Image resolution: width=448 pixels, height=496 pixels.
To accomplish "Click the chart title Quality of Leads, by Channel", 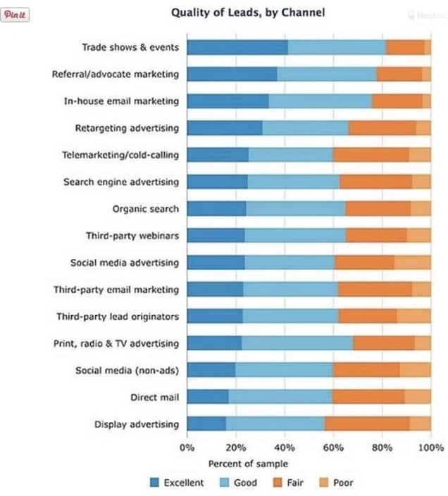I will tap(248, 13).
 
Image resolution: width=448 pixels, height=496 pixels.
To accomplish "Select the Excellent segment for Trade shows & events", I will tap(237, 47).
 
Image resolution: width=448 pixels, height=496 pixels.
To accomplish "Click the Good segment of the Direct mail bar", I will tap(280, 398).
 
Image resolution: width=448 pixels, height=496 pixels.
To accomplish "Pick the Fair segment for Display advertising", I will tap(367, 424).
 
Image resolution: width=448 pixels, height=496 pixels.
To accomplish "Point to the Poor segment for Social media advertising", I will tap(412, 262).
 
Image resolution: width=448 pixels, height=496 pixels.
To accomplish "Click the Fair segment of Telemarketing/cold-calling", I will tap(371, 155).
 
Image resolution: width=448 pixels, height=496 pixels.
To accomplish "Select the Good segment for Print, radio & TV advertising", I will tap(297, 343).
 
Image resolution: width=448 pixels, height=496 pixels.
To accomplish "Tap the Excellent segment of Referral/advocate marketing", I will tap(232, 74).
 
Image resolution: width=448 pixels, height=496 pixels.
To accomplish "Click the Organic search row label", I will tap(145, 209).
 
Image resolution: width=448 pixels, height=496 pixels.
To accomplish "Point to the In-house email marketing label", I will tap(121, 101).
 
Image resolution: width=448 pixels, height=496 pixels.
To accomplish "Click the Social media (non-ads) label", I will tap(127, 371).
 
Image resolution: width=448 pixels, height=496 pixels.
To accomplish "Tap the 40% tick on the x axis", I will tap(285, 447).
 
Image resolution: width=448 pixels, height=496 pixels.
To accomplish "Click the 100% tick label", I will tap(430, 447).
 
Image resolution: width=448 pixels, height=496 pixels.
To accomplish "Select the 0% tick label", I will tap(187, 447).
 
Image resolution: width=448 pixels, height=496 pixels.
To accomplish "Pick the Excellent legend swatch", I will tap(155, 483).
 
